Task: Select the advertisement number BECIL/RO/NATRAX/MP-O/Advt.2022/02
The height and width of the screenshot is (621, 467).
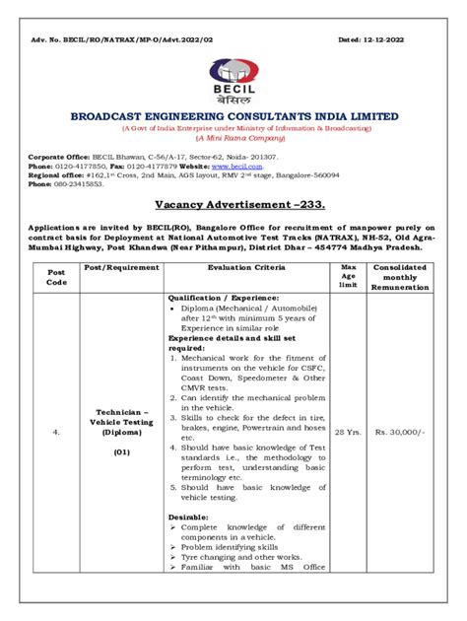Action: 131,39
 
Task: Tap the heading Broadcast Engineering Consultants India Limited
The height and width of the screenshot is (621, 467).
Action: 233,116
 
